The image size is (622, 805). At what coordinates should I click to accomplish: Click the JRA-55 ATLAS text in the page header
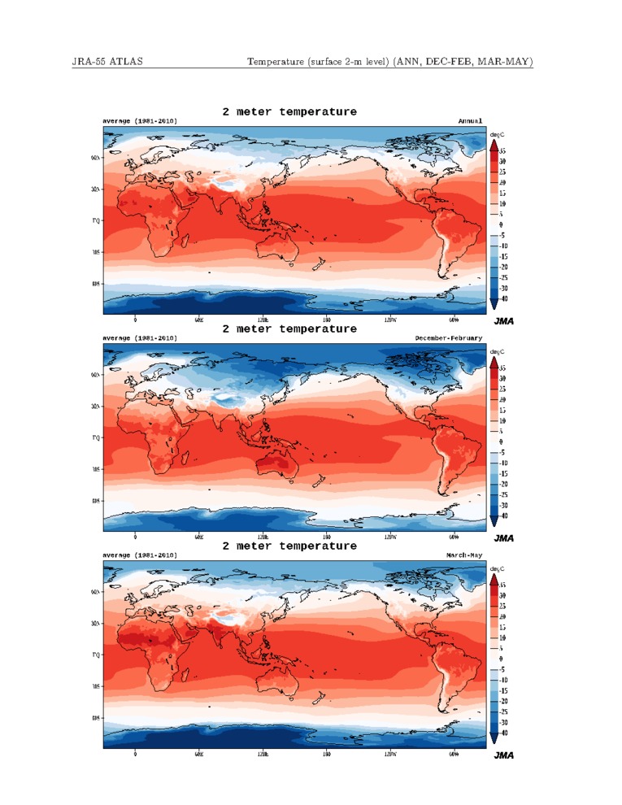point(107,62)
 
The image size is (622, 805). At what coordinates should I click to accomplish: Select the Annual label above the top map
point(470,121)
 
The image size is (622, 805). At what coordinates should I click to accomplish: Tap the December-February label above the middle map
point(448,337)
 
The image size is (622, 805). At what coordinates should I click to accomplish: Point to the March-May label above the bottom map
point(463,555)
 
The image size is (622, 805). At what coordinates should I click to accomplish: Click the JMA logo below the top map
point(504,320)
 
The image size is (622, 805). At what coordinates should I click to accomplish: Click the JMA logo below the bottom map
point(504,755)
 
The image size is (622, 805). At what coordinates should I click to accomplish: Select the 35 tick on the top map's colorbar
point(502,151)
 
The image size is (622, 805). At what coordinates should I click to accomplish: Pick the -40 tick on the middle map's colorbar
point(503,516)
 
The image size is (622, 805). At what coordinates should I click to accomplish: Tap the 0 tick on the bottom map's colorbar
point(501,658)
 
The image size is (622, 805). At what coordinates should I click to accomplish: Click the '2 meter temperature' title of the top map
point(289,111)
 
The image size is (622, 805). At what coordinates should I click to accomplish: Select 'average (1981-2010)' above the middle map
point(139,337)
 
